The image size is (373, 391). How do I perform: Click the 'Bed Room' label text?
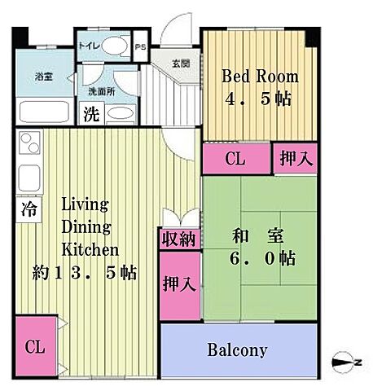(260, 77)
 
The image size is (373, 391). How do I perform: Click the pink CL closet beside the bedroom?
(235, 159)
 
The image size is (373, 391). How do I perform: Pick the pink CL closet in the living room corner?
(35, 346)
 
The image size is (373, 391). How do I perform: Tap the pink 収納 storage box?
(177, 239)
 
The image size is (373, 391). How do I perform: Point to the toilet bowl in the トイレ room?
(117, 46)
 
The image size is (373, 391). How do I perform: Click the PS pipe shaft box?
(141, 46)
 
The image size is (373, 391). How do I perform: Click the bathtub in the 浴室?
(45, 110)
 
